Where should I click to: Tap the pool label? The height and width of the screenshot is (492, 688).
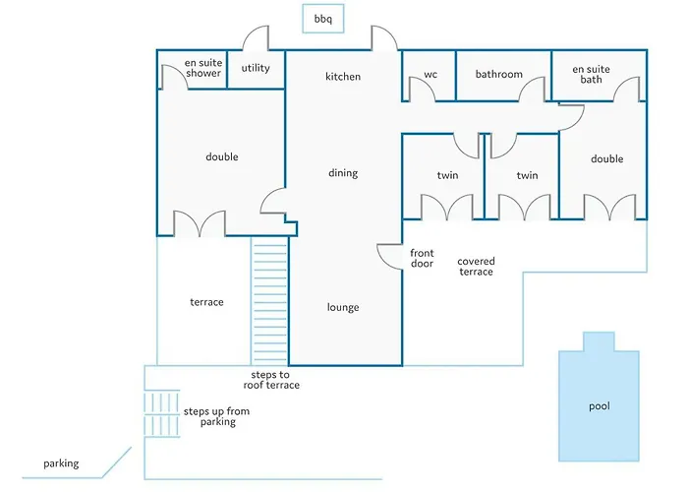599,405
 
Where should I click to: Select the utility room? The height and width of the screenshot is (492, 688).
256,70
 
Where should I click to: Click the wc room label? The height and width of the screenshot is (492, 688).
430,74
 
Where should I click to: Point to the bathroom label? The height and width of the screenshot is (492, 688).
499,74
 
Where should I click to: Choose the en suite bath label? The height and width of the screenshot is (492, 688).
591,74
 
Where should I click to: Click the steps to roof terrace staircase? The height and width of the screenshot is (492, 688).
269,301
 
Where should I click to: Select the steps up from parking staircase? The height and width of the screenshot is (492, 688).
161,413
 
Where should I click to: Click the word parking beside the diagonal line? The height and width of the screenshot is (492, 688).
61,463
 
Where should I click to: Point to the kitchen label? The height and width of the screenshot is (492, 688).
343,77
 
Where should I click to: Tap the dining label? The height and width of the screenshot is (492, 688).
343,173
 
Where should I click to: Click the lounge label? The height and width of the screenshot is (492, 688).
343,307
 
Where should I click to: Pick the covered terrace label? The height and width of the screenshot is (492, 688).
476,267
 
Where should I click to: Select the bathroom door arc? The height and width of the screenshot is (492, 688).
533,87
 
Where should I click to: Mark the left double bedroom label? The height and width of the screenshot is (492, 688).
222,156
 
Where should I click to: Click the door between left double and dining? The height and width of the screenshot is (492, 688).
271,200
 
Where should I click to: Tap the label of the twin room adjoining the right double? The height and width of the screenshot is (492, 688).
527,175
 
